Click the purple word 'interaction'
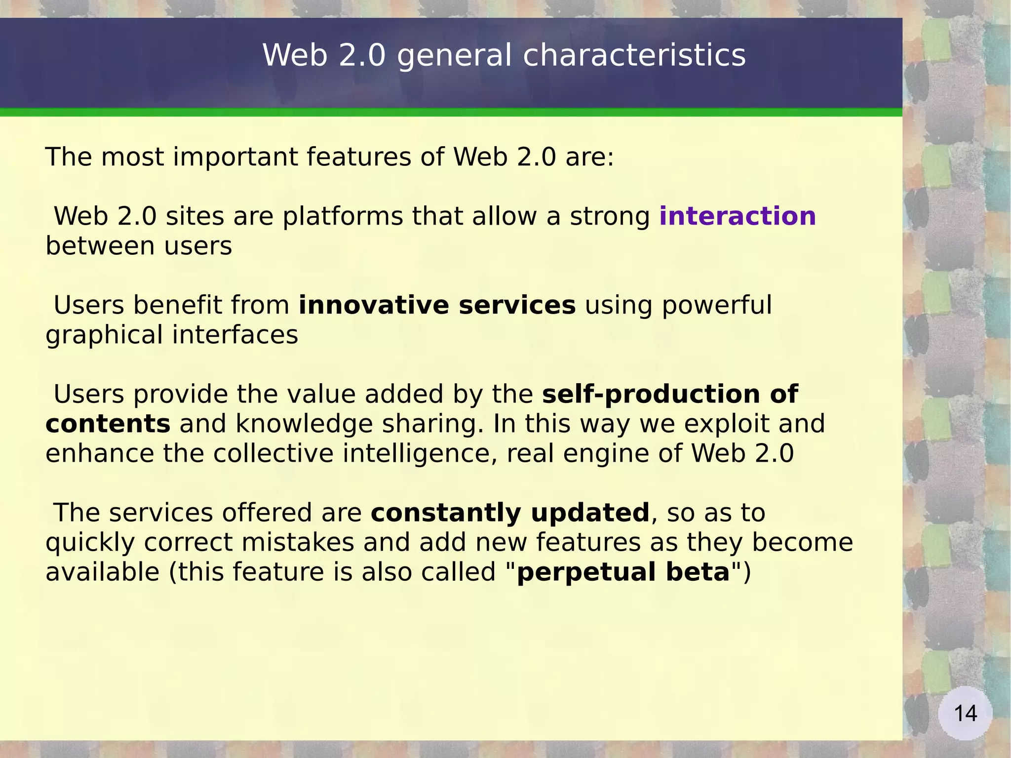737,216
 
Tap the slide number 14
965,714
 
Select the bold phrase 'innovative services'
437,305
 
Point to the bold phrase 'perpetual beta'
623,572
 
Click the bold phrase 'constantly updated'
510,513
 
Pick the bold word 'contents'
108,424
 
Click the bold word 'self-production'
651,395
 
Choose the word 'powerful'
716,306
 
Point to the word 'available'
103,572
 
